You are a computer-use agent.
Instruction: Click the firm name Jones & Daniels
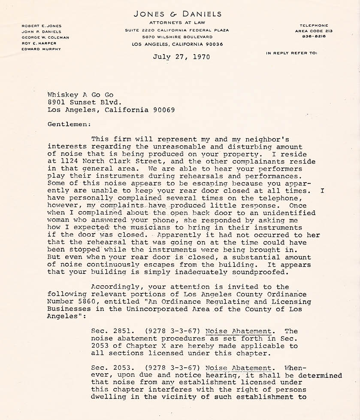pos(178,14)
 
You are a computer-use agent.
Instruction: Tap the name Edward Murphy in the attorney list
pos(41,49)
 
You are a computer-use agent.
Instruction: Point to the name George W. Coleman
pos(45,37)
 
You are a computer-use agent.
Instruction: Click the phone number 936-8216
pos(314,37)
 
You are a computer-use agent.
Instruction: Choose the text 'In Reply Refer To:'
pos(291,53)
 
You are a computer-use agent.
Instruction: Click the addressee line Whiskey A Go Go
pos(81,94)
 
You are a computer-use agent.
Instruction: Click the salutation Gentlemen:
pos(69,125)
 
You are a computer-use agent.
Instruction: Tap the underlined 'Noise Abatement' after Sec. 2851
pos(238,332)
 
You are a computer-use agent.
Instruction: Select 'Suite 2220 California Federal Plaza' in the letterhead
pos(177,30)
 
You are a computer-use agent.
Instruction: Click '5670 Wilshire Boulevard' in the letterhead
pos(177,37)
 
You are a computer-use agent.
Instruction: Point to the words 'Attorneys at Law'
pos(177,22)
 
